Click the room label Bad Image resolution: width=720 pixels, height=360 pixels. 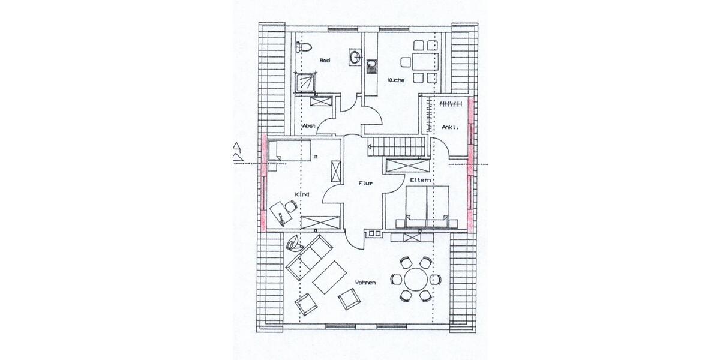[325, 60]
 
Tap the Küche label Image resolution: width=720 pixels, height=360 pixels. [395, 80]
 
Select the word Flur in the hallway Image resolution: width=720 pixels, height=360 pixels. [366, 185]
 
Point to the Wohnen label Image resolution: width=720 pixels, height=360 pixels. [365, 283]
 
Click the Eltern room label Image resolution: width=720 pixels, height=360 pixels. [421, 180]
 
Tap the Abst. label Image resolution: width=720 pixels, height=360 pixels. [310, 125]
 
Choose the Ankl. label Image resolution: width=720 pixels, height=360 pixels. [450, 127]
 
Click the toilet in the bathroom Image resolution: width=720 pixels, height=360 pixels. [303, 47]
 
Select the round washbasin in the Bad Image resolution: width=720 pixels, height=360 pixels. [355, 57]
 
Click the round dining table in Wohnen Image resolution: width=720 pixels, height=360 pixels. [415, 279]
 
